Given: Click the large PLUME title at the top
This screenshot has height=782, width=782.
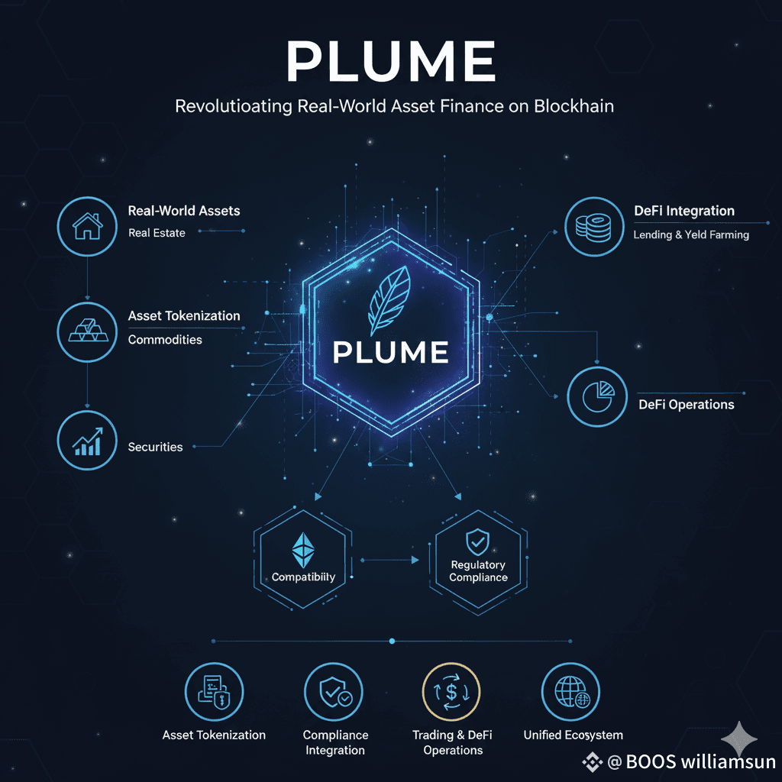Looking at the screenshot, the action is coord(390,63).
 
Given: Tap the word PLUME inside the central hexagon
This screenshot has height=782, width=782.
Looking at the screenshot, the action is coord(390,352).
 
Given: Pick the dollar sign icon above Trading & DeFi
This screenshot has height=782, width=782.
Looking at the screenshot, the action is coord(451,691).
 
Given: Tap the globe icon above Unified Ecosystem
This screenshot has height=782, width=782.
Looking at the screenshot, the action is coord(570,691).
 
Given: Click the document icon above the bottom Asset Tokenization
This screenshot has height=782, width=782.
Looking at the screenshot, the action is coord(214,691).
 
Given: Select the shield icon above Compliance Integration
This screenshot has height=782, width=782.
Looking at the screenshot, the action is coord(333,691).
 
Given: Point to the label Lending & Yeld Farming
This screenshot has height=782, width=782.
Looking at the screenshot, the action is coord(690,235).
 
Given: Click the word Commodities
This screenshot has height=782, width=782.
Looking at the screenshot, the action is coord(165,339).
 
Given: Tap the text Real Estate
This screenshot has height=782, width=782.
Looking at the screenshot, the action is coord(157,233).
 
